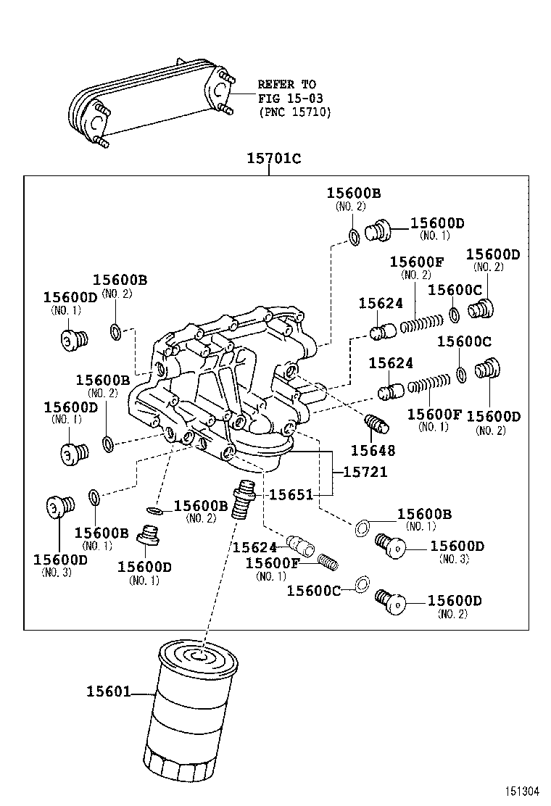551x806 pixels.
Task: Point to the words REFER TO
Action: coord(287,85)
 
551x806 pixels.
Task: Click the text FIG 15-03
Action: coord(290,98)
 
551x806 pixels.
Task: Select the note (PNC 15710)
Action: coord(294,112)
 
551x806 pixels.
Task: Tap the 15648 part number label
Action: coord(375,451)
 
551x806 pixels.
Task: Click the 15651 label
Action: coord(291,495)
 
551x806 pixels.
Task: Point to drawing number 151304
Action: coord(523,792)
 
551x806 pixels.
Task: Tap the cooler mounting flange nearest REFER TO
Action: coord(218,90)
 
